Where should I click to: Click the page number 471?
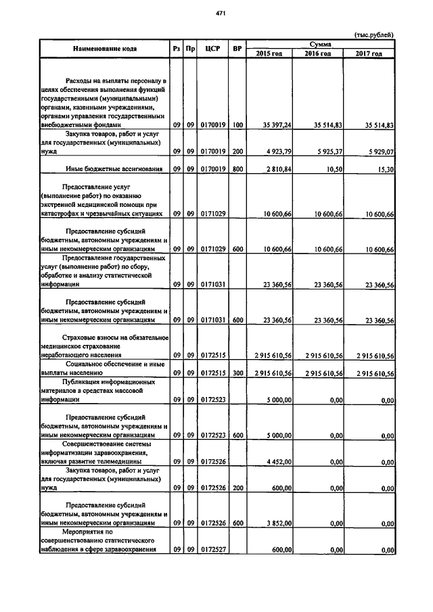point(221,14)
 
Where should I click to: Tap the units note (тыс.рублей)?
point(374,35)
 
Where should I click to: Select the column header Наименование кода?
point(102,49)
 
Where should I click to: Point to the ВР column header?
point(237,49)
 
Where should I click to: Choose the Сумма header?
point(321,43)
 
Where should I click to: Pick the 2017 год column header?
point(369,53)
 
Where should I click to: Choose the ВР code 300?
point(237,373)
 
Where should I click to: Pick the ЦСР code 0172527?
point(213,549)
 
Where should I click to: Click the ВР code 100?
point(237,125)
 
